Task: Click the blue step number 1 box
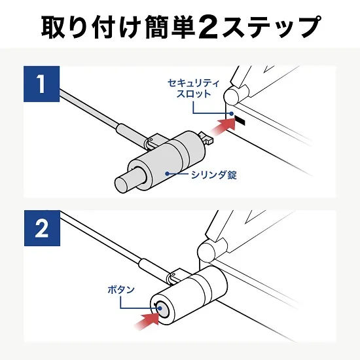(41, 86)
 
